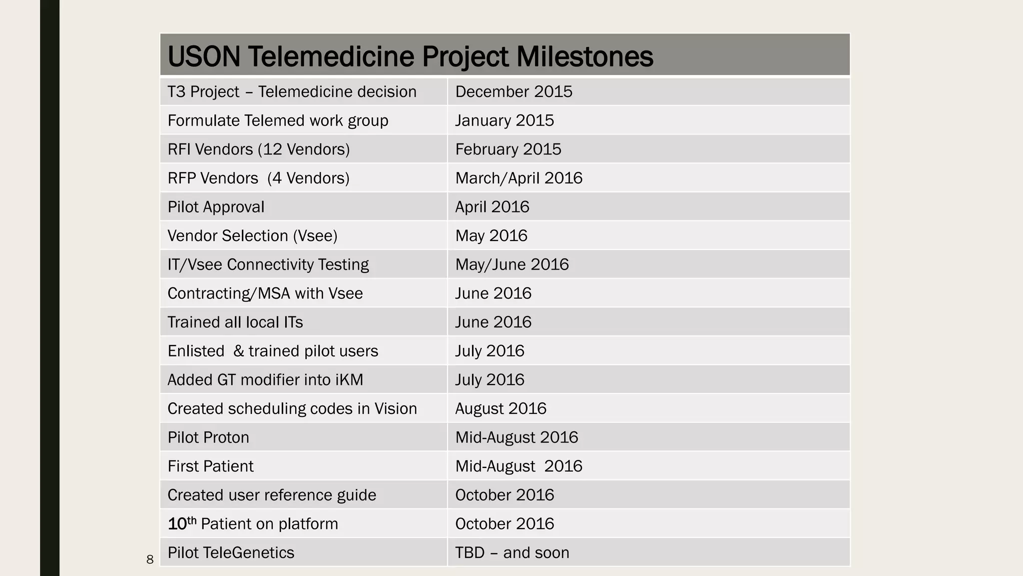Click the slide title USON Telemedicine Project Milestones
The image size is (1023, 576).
click(x=410, y=56)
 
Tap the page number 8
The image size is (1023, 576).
click(x=150, y=559)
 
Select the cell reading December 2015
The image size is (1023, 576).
click(x=513, y=91)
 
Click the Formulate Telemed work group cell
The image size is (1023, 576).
click(x=278, y=120)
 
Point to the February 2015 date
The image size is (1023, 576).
click(x=508, y=149)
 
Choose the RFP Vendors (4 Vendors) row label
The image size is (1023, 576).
click(x=258, y=178)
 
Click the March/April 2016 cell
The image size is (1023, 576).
click(x=518, y=178)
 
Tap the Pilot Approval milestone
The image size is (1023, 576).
click(x=216, y=207)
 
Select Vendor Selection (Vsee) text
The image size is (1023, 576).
click(x=252, y=235)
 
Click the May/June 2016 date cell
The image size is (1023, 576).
click(x=512, y=264)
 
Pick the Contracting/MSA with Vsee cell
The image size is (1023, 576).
click(x=265, y=293)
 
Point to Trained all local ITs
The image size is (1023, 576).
click(x=235, y=322)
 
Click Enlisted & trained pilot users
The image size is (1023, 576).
click(x=273, y=351)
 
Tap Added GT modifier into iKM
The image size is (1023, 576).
click(x=265, y=379)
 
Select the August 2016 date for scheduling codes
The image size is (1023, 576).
click(x=501, y=408)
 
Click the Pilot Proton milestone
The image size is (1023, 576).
click(x=208, y=437)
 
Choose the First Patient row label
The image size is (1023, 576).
click(x=210, y=466)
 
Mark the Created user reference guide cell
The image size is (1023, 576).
click(x=272, y=495)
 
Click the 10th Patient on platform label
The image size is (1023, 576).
click(x=253, y=523)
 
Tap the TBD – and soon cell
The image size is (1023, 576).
click(x=512, y=552)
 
